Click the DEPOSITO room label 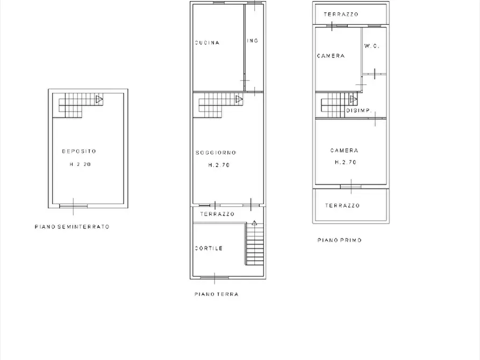click(x=80, y=151)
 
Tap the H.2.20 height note click(x=80, y=164)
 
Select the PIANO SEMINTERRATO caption click(x=72, y=227)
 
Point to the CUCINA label click(x=207, y=43)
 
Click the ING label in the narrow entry click(x=253, y=41)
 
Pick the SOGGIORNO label click(x=216, y=153)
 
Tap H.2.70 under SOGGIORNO click(x=219, y=165)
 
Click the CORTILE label click(x=209, y=248)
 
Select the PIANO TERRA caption click(x=217, y=294)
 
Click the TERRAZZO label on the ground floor click(x=217, y=214)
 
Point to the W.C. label click(x=372, y=46)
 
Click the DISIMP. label click(x=359, y=111)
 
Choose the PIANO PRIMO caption click(x=340, y=240)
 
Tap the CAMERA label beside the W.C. click(x=331, y=56)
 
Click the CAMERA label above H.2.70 click(x=345, y=150)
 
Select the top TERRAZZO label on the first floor click(x=341, y=15)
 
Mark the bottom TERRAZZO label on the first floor click(x=342, y=205)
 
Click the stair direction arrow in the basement click(x=99, y=99)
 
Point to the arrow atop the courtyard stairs click(x=254, y=223)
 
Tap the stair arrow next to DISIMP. click(x=354, y=99)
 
